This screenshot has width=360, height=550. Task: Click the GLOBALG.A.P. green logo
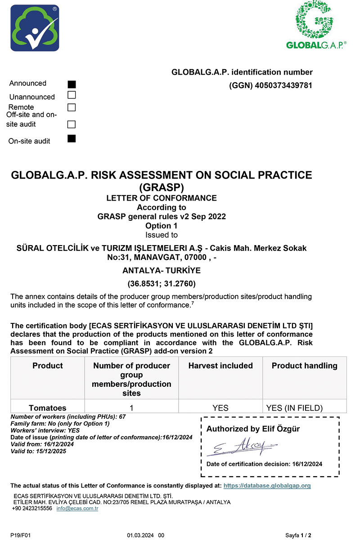tap(316, 25)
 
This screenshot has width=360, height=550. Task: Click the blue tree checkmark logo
tap(35, 28)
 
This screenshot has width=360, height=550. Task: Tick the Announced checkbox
tap(72, 84)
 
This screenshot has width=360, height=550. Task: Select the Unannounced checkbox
tap(72, 95)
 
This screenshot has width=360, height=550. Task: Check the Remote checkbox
tap(72, 107)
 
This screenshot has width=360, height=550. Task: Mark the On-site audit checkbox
tap(72, 139)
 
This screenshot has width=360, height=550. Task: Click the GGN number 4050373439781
tap(283, 85)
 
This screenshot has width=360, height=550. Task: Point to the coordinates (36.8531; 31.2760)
tap(162, 284)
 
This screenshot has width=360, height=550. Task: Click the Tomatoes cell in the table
tap(47, 408)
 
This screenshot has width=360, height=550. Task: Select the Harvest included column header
tap(220, 366)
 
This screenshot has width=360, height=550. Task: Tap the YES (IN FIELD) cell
tap(295, 408)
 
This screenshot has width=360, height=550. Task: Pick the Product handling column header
tap(304, 366)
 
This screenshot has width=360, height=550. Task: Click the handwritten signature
tap(241, 447)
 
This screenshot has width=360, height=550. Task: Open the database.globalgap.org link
tap(267, 486)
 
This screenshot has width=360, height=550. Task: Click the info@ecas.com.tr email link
tap(77, 508)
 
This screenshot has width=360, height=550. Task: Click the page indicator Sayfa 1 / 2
tap(298, 536)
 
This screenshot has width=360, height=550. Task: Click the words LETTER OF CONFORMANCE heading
tap(162, 198)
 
